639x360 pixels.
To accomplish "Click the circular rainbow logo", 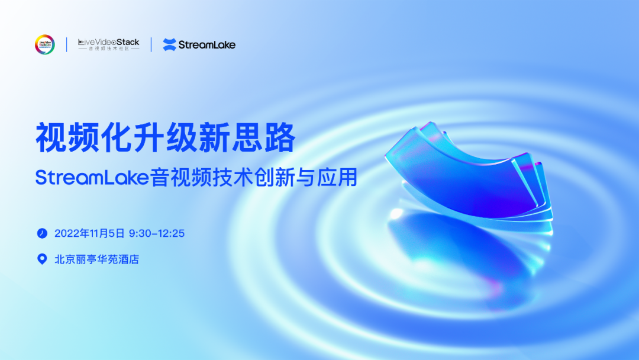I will (x=44, y=44).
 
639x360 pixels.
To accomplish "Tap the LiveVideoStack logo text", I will (x=108, y=42).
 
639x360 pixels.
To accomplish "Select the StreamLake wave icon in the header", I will (x=169, y=44).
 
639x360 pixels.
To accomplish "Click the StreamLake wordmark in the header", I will (x=207, y=44).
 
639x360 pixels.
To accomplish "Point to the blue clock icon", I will (x=41, y=233).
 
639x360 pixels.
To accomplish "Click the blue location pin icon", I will (x=41, y=259).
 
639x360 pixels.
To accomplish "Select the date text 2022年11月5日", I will (x=89, y=233).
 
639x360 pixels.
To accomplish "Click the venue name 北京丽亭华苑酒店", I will (x=96, y=259).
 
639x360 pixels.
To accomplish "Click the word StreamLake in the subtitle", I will (x=92, y=177).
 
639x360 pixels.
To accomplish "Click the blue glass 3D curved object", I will (x=467, y=172).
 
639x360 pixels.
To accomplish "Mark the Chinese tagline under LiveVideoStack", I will (x=109, y=49).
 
